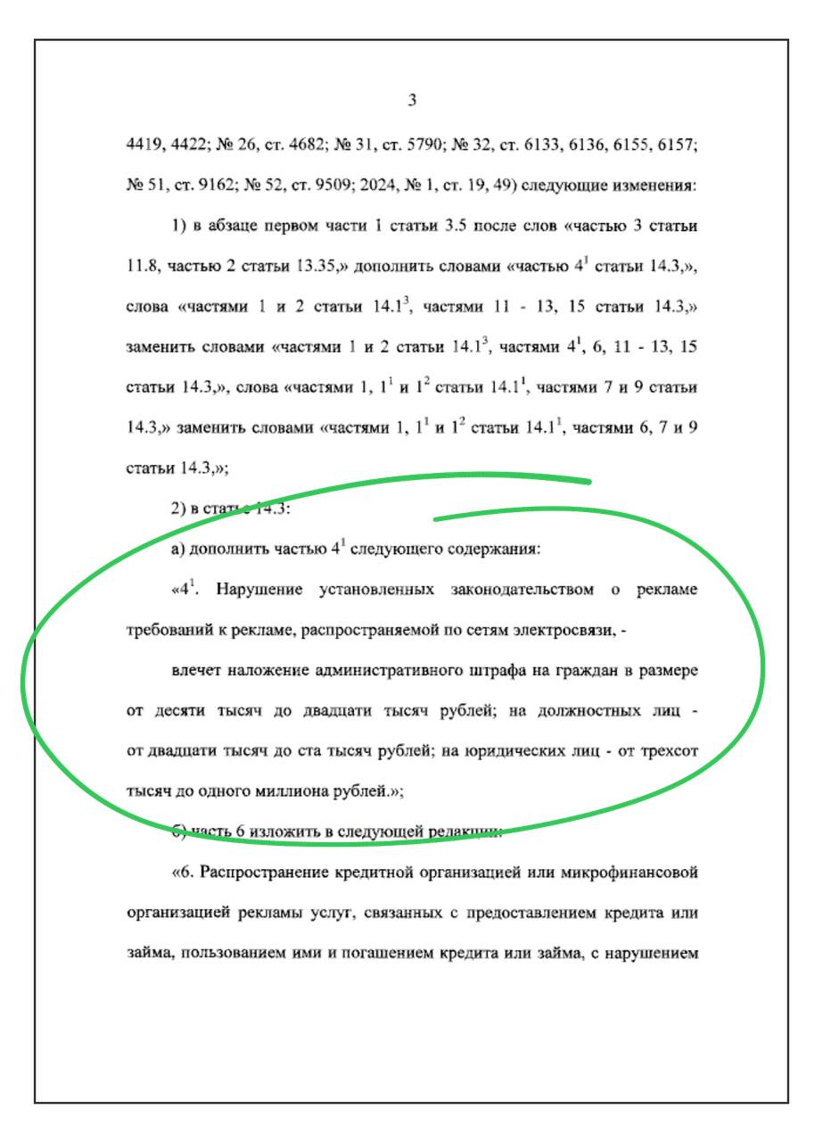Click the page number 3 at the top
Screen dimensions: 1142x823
[412, 100]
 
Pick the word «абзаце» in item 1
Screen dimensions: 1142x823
[235, 226]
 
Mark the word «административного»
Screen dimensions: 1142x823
[389, 670]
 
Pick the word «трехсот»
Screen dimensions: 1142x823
[666, 751]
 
